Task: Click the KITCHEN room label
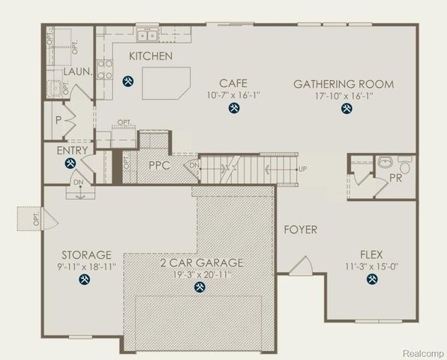pos(151,56)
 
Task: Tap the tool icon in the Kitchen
pos(128,80)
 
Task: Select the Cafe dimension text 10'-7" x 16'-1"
pos(233,95)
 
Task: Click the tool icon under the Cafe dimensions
pos(233,109)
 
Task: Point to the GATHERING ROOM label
pos(343,83)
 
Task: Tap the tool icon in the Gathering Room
pos(346,109)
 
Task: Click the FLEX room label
pos(372,254)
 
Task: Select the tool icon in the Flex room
pos(372,280)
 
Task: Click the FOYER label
pos(300,229)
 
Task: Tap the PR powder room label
pos(395,178)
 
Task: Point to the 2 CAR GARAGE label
pos(200,262)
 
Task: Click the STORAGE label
pos(86,255)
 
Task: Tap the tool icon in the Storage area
pos(83,280)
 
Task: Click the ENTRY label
pos(73,151)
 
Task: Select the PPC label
pos(160,164)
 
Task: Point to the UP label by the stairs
pos(301,169)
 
